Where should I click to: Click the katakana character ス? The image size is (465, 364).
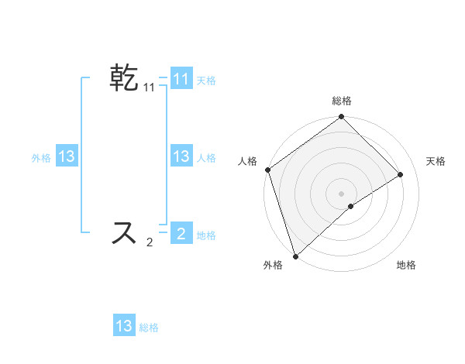pos(124,232)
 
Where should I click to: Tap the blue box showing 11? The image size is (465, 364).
pos(181,79)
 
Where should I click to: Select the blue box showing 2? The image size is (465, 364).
pos(181,234)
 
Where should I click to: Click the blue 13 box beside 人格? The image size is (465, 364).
pos(181,156)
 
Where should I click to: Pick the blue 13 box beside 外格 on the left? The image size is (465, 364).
pos(67,156)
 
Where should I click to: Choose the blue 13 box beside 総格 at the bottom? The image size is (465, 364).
pos(124,326)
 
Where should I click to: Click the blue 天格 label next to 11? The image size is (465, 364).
pos(206,80)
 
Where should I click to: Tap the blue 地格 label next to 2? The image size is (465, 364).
pos(206,235)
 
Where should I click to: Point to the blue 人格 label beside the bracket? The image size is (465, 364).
pos(206,157)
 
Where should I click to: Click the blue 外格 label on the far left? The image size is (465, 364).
pos(41,157)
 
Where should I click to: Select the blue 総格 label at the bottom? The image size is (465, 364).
pos(149,328)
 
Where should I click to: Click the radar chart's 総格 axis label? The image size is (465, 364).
pos(341,101)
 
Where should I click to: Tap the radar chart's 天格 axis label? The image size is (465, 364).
pos(436,161)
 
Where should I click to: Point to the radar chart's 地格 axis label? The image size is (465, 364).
pos(406,265)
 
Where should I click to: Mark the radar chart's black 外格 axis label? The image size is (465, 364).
pos(273,265)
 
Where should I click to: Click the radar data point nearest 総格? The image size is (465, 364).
pos(341,118)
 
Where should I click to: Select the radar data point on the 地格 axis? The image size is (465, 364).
pos(351,206)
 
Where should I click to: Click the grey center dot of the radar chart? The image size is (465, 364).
pos(341,193)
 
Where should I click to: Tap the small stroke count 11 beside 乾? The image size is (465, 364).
pos(149,88)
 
